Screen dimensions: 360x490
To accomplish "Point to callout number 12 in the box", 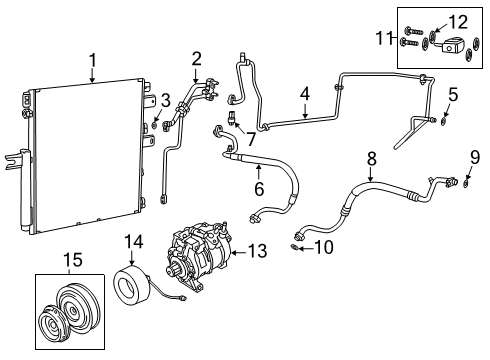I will (x=457, y=22).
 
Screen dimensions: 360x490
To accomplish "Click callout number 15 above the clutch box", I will (x=73, y=262).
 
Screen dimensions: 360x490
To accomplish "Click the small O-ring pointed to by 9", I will (x=467, y=182).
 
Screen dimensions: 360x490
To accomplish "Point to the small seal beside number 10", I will (x=297, y=247).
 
